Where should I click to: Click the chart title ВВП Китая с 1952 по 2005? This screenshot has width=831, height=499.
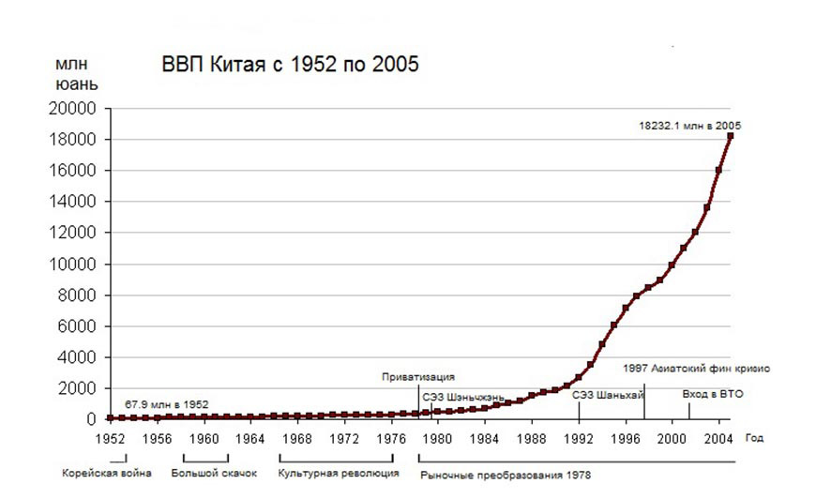[290, 65]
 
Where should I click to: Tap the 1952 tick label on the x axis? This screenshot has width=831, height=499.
[111, 437]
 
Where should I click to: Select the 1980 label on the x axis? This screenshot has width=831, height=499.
[438, 437]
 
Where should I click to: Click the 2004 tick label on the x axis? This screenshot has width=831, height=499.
[718, 437]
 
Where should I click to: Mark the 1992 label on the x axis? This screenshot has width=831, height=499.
[579, 437]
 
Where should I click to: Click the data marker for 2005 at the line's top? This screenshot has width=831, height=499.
[731, 136]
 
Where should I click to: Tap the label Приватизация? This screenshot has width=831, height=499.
[418, 377]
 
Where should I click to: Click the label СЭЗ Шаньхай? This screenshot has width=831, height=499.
[607, 395]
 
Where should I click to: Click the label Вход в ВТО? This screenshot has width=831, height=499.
[713, 394]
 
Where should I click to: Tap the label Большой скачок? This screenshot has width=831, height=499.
[214, 473]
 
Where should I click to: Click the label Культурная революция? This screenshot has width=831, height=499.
[339, 473]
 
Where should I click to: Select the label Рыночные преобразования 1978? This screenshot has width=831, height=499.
[505, 476]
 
